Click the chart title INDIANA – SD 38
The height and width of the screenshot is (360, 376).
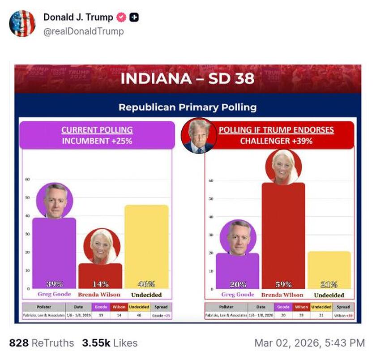(x=187, y=79)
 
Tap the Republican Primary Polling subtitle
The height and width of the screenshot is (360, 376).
(x=187, y=107)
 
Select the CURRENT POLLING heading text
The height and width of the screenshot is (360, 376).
(x=97, y=130)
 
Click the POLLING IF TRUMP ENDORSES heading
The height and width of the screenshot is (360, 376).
(x=276, y=130)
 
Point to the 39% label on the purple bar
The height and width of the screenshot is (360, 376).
(x=54, y=283)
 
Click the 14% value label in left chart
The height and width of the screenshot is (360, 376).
(x=100, y=283)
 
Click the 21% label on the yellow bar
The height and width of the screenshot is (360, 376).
(x=329, y=284)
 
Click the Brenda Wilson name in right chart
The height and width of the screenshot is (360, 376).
(x=282, y=295)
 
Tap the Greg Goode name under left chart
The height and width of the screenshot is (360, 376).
(x=54, y=295)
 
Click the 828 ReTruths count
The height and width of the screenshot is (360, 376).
(x=41, y=343)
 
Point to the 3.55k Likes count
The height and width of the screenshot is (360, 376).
(x=109, y=343)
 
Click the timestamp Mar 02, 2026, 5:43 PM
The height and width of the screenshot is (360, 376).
(x=309, y=343)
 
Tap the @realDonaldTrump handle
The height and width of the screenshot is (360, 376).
(x=83, y=31)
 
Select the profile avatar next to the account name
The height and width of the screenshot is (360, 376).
(x=22, y=23)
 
